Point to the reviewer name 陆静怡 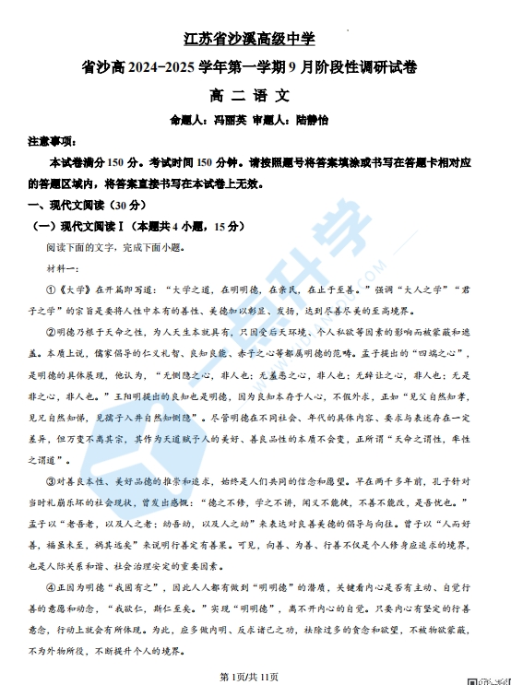tap(314, 120)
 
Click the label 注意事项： tap(52, 141)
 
